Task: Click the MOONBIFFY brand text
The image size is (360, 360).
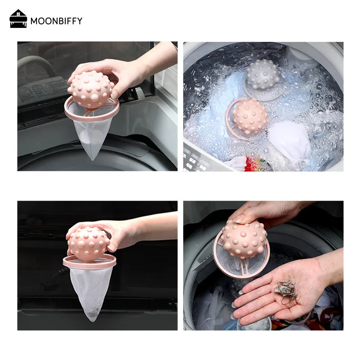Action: click(56, 21)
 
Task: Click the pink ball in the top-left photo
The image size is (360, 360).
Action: click(91, 89)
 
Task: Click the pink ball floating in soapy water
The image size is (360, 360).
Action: click(250, 116)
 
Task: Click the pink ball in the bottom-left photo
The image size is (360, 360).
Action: click(89, 243)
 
